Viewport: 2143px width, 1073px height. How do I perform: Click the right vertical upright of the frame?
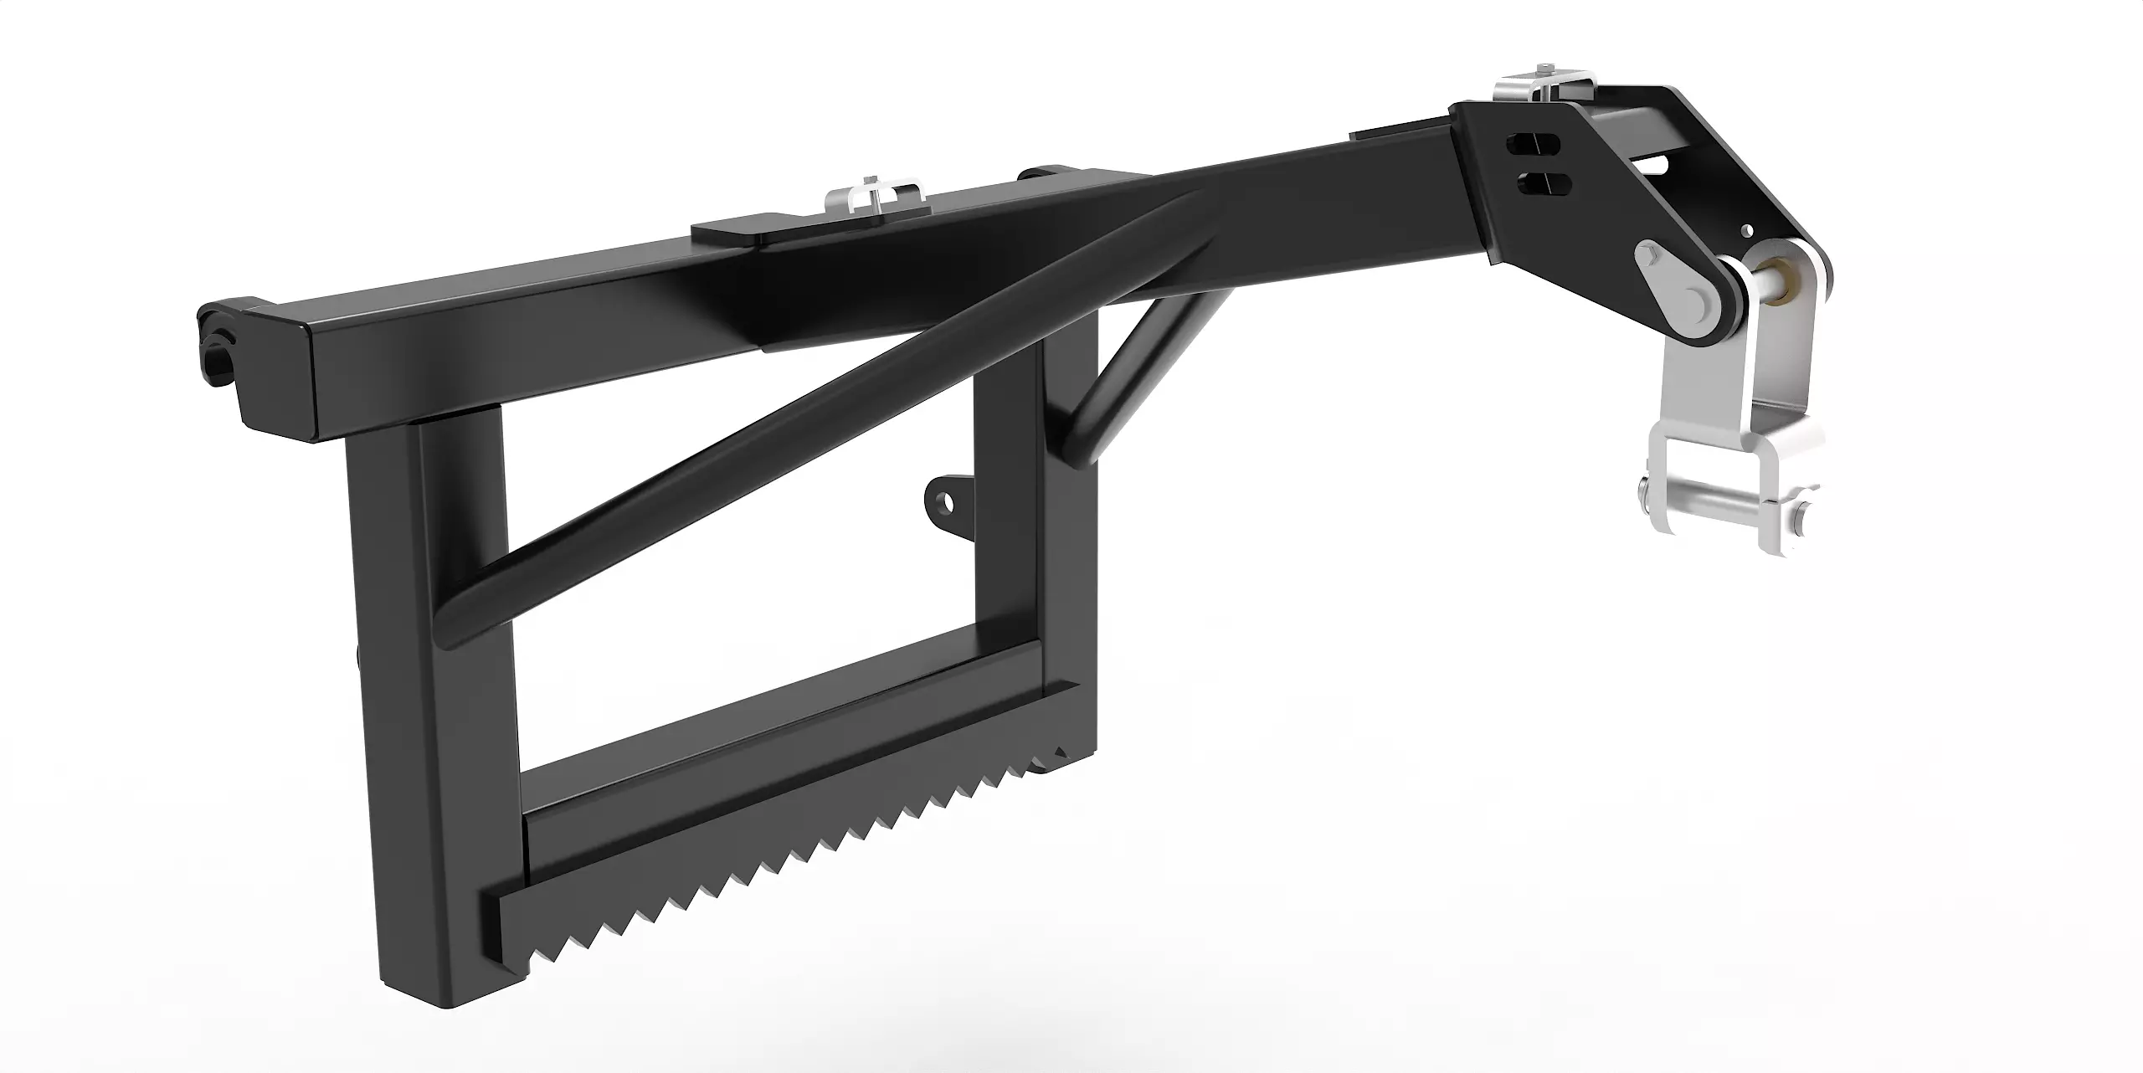[1067, 536]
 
